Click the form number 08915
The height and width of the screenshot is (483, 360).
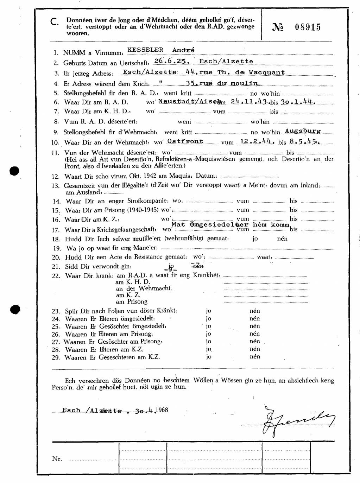point(308,27)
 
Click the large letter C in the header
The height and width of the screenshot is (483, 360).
point(55,22)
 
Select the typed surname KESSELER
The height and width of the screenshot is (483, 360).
point(145,50)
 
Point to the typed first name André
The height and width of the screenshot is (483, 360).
point(183,50)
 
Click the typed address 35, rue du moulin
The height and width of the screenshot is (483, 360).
point(222,83)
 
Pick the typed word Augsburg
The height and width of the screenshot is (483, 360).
point(303,131)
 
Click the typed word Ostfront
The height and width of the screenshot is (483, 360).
point(185,141)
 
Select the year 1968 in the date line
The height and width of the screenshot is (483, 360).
point(162,410)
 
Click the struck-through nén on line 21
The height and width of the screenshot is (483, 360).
point(198,266)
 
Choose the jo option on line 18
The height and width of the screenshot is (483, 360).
point(255,239)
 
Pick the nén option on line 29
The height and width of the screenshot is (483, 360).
point(255,356)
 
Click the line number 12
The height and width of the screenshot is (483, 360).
point(56,177)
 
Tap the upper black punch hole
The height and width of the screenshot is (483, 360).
point(14,172)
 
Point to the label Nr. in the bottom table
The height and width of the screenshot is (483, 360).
point(57,459)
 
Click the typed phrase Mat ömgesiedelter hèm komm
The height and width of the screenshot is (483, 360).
point(230,224)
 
